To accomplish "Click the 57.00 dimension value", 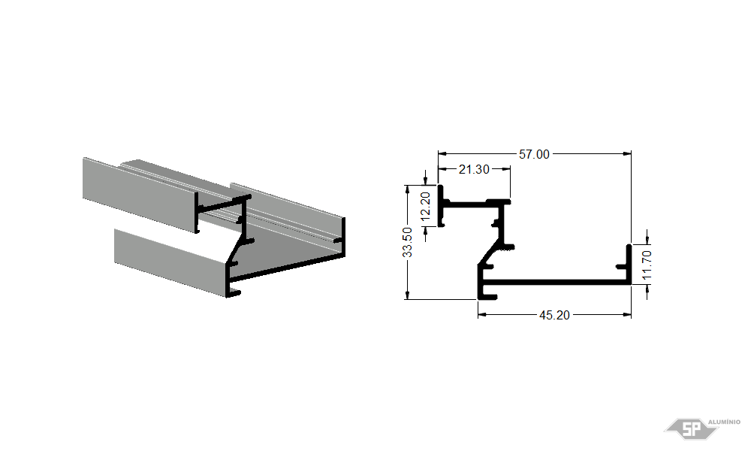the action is pyautogui.click(x=534, y=154).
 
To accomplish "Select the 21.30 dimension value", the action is pyautogui.click(x=474, y=169).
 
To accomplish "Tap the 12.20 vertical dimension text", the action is pyautogui.click(x=425, y=207).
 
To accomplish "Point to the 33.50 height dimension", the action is pyautogui.click(x=407, y=242).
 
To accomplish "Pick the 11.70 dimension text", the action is pyautogui.click(x=647, y=265).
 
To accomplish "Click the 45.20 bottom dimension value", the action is pyautogui.click(x=554, y=316).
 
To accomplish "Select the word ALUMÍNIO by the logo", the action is pyautogui.click(x=724, y=422).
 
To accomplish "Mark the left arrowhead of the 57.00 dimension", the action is pyautogui.click(x=442, y=154).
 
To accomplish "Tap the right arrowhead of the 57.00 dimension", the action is pyautogui.click(x=627, y=154).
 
